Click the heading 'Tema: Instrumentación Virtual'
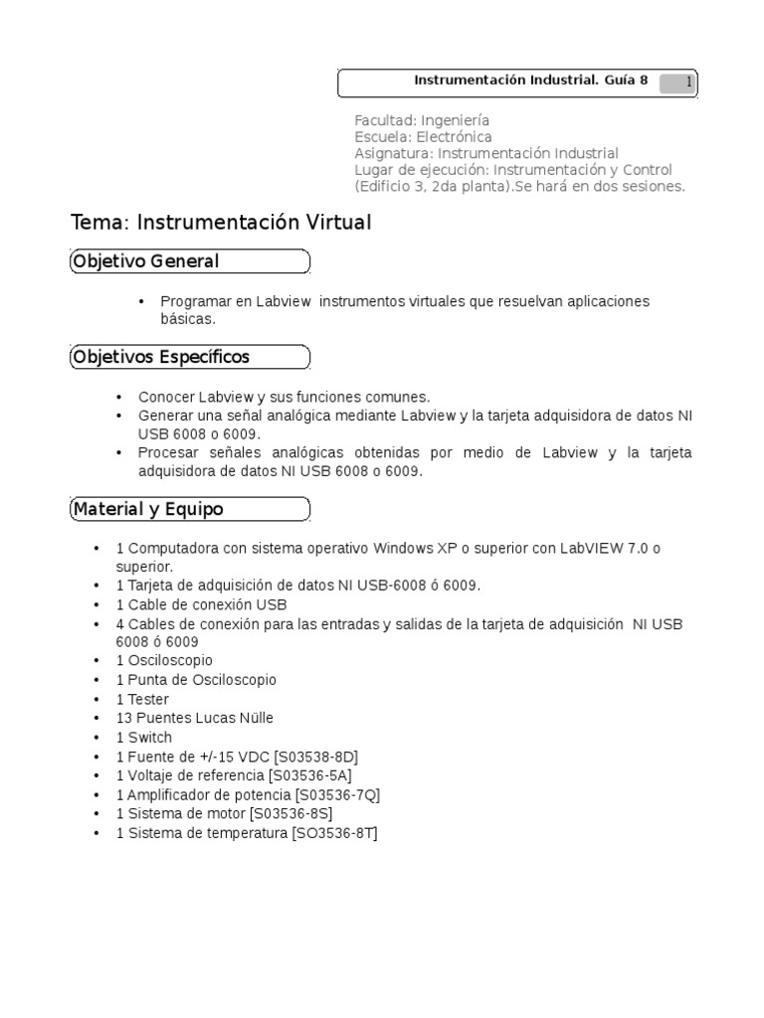[221, 223]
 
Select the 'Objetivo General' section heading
[144, 261]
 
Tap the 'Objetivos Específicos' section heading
[160, 357]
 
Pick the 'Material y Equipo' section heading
[147, 509]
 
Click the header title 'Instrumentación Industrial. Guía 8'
[530, 82]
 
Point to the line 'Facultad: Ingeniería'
[422, 119]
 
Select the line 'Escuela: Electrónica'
[423, 136]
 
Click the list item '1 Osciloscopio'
[164, 660]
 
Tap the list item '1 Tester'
[143, 699]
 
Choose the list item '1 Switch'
[144, 738]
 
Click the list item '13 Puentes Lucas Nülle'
[195, 718]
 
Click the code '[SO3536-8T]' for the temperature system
[334, 834]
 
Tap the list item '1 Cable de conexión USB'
[201, 604]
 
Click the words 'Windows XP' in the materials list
[410, 549]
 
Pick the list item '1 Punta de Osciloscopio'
[196, 680]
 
